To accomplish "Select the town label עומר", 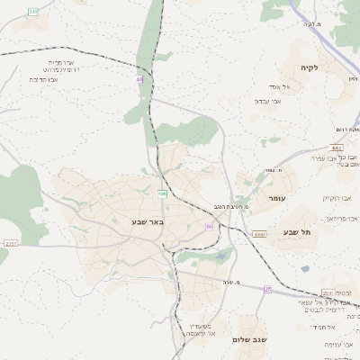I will [276, 197].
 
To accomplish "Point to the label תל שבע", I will [297, 232].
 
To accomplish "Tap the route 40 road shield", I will [139, 79].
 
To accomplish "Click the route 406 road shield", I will [162, 193].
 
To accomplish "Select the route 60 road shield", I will [209, 227].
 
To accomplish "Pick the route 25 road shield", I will [267, 289].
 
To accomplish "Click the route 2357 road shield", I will [11, 243].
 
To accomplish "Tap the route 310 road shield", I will [33, 11].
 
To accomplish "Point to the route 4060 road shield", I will [259, 234].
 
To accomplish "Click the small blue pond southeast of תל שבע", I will [305, 267].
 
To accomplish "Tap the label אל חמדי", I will [338, 327].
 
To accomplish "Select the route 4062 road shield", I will [337, 147].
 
